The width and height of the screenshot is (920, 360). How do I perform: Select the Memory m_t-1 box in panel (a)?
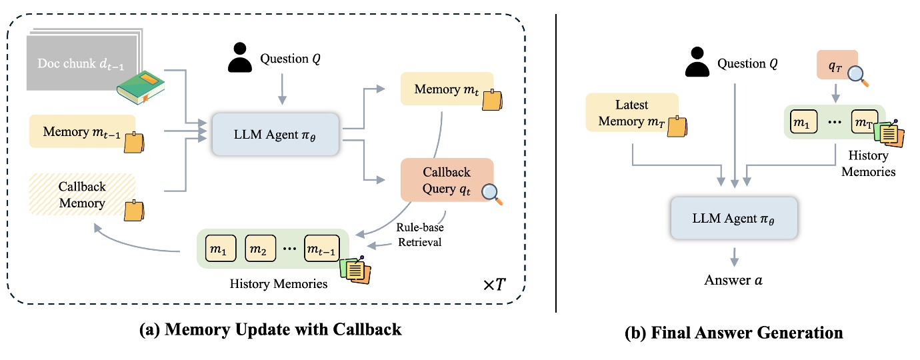[x=82, y=131]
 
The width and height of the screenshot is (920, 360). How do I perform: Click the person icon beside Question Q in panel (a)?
[x=241, y=59]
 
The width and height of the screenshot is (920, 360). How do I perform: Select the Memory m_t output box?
[x=447, y=89]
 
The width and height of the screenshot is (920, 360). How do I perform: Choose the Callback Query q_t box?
[x=447, y=179]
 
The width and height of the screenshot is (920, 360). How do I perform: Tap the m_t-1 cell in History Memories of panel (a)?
[x=322, y=249]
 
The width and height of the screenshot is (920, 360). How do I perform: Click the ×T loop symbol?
[x=494, y=285]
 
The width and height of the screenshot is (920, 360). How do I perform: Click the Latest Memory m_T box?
[x=631, y=112]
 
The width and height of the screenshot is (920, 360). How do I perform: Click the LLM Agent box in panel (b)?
[x=733, y=218]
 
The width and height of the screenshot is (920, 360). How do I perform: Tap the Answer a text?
[x=733, y=279]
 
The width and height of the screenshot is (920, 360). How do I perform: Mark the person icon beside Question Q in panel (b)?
[x=695, y=65]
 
